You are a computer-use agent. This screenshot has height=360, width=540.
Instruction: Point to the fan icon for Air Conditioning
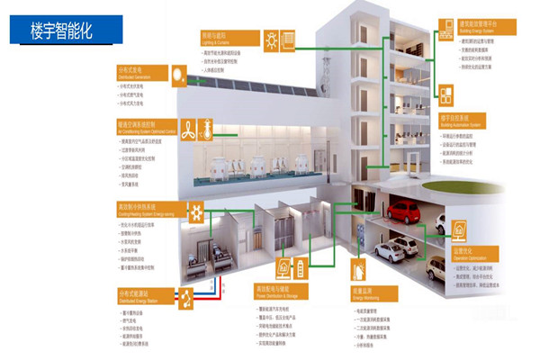(x=188, y=130)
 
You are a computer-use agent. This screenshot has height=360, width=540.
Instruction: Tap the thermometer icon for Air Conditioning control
(x=205, y=130)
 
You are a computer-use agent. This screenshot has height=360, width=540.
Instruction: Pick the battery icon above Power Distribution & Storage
(x=285, y=265)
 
